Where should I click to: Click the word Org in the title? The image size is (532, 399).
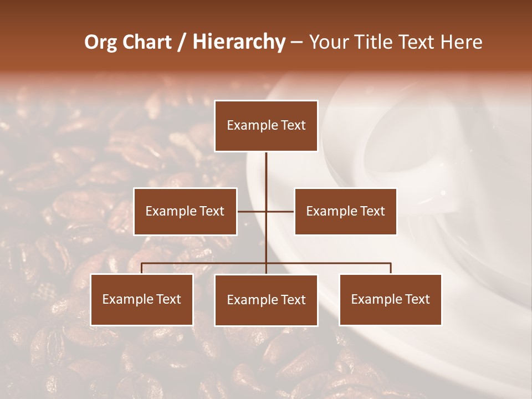click(x=100, y=42)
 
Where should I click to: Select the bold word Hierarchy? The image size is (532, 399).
click(x=238, y=42)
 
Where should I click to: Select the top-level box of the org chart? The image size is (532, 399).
click(x=266, y=126)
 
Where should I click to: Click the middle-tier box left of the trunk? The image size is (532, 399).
click(x=185, y=211)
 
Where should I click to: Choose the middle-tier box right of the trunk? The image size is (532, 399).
click(x=345, y=211)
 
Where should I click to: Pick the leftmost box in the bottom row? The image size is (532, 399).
click(x=142, y=300)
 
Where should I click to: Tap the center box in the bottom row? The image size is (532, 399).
click(x=266, y=300)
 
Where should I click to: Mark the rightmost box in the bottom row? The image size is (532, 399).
click(x=391, y=300)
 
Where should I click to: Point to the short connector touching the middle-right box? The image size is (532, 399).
click(x=281, y=211)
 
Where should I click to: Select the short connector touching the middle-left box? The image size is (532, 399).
click(x=251, y=211)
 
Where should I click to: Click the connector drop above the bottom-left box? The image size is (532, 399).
click(x=142, y=268)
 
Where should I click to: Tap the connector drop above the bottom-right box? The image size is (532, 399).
click(x=391, y=268)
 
